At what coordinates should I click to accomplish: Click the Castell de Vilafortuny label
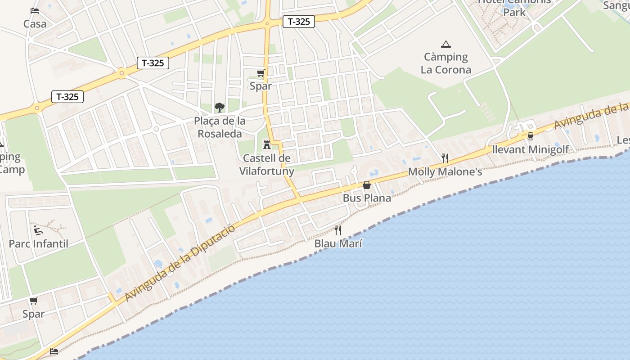pyautogui.click(x=266, y=165)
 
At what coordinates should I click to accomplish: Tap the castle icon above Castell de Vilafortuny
pyautogui.click(x=266, y=144)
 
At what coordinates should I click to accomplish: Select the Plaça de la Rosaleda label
pyautogui.click(x=220, y=127)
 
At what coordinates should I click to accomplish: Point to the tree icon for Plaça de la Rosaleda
pyautogui.click(x=220, y=107)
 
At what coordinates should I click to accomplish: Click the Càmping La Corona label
pyautogui.click(x=446, y=63)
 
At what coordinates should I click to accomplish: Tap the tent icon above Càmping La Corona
pyautogui.click(x=446, y=44)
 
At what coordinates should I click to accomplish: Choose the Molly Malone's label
pyautogui.click(x=445, y=172)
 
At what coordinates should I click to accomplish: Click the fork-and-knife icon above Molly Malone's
pyautogui.click(x=445, y=158)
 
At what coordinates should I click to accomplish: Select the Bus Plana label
pyautogui.click(x=367, y=198)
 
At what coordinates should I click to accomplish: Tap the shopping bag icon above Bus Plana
pyautogui.click(x=367, y=185)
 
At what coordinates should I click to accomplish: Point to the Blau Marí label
pyautogui.click(x=338, y=244)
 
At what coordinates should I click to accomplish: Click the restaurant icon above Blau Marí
pyautogui.click(x=338, y=230)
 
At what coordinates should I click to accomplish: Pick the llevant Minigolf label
pyautogui.click(x=531, y=149)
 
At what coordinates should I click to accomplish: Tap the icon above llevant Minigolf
pyautogui.click(x=530, y=136)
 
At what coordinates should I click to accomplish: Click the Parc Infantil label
pyautogui.click(x=39, y=244)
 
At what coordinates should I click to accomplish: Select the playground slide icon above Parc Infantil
pyautogui.click(x=38, y=230)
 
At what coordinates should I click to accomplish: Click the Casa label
pyautogui.click(x=35, y=24)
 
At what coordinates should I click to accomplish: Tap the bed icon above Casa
pyautogui.click(x=35, y=10)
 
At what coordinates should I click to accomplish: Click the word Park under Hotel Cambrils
pyautogui.click(x=514, y=13)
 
